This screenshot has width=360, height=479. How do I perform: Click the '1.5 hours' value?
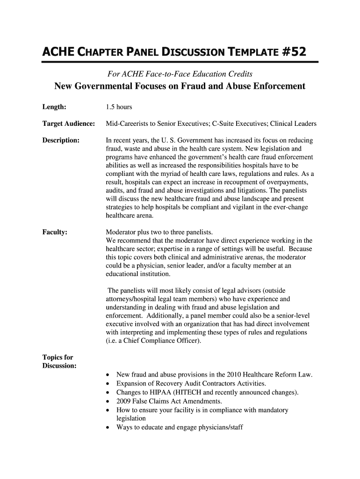tap(119, 107)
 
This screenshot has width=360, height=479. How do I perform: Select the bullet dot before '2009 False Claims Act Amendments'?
tap(108, 402)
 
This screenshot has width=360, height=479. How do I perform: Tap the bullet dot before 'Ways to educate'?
tap(108, 428)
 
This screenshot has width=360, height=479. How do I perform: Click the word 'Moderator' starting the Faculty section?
tap(122, 232)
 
